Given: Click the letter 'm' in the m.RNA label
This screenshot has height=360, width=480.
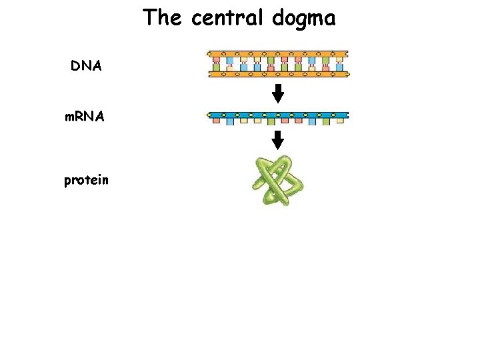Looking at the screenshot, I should click(69, 117).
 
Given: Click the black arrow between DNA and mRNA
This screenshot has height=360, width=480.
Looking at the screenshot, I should click(278, 93).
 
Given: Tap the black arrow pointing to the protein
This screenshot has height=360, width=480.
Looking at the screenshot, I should click(278, 140).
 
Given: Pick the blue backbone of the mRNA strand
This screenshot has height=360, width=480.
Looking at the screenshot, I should click(278, 115).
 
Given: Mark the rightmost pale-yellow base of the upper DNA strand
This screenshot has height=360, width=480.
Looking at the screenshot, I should click(339, 59).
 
